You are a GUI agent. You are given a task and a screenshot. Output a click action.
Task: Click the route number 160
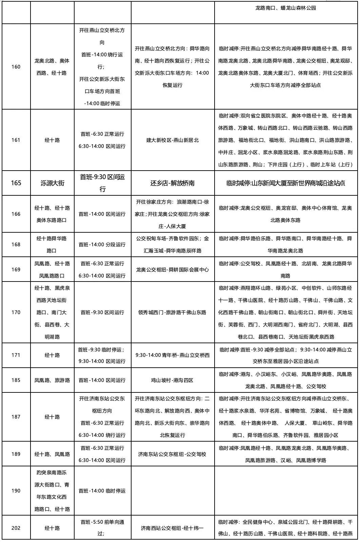pos(16,66)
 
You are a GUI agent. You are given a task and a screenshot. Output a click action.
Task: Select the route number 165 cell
pos(16,183)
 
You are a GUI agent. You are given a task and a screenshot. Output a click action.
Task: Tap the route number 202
pos(16,527)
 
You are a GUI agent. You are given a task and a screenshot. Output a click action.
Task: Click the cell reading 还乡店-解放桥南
pos(173,183)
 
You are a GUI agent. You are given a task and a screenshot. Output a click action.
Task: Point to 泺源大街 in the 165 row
pos(52,183)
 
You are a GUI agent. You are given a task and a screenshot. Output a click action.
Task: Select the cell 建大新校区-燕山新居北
pos(173,140)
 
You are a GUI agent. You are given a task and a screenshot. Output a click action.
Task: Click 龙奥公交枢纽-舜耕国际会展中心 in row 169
pos(173,269)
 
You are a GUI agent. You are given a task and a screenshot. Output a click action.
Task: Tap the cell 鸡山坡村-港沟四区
pos(173,380)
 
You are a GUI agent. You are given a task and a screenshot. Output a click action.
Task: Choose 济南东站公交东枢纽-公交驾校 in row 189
pos(173,454)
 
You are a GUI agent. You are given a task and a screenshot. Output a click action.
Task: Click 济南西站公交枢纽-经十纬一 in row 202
pos(173,527)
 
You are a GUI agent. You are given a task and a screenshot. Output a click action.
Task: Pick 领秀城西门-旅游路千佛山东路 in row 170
pos(173,312)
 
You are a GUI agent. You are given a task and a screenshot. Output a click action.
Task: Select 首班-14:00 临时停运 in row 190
pos(102,490)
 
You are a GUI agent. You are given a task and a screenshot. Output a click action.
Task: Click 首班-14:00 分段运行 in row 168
pos(102,244)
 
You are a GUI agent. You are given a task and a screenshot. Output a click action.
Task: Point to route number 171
pos(16,355)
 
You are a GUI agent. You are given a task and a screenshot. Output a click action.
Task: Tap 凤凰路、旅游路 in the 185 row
pos(52,380)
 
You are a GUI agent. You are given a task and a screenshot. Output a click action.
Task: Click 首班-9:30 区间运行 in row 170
pos(102,312)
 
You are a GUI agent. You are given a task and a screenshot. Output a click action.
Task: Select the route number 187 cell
pos(16,417)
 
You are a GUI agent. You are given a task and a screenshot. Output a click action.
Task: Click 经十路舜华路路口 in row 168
pos(52,244)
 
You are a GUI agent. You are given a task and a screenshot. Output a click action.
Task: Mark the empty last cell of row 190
pos(285,490)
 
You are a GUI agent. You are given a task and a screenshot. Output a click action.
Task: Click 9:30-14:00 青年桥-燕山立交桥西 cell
pos(173,355)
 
